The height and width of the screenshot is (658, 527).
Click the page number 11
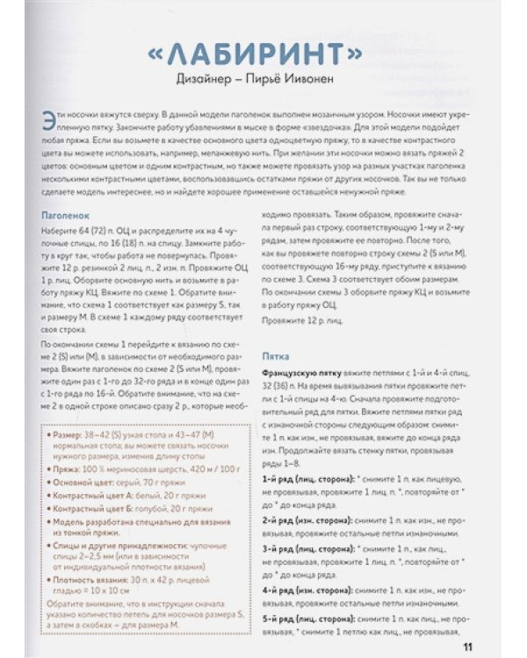point(466,648)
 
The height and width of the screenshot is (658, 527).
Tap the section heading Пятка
point(278,357)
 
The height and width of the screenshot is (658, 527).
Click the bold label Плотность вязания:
point(97,582)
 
